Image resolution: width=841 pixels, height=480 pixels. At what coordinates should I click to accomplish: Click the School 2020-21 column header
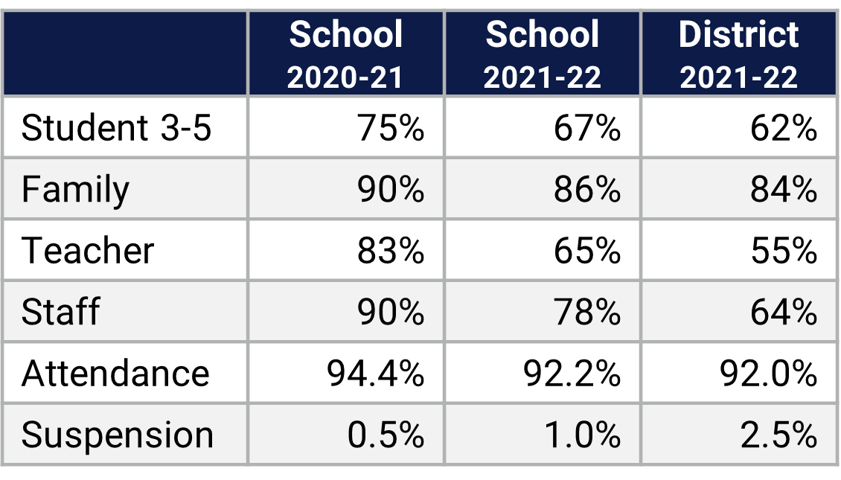pyautogui.click(x=346, y=54)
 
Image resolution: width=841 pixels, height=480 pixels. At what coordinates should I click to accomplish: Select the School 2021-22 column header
pyautogui.click(x=542, y=54)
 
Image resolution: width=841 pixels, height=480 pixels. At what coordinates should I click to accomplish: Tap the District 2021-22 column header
pyautogui.click(x=739, y=54)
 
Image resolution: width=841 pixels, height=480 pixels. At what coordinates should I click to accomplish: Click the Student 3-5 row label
pyautogui.click(x=117, y=128)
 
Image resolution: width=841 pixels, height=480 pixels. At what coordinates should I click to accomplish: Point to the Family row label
pyautogui.click(x=75, y=190)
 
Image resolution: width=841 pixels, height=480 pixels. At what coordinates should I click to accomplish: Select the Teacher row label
pyautogui.click(x=88, y=251)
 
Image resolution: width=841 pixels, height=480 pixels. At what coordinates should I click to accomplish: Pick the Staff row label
pyautogui.click(x=60, y=312)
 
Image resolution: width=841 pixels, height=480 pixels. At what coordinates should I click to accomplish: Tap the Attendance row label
pyautogui.click(x=115, y=373)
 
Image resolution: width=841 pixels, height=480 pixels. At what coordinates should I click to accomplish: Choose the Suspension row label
pyautogui.click(x=118, y=435)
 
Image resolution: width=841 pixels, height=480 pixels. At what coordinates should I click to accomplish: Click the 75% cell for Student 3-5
pyautogui.click(x=391, y=128)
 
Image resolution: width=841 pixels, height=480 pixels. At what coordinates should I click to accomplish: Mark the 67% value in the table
pyautogui.click(x=587, y=128)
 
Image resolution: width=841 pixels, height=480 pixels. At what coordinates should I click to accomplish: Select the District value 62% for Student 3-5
pyautogui.click(x=784, y=128)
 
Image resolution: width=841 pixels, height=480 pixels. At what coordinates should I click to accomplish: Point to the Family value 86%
pyautogui.click(x=587, y=190)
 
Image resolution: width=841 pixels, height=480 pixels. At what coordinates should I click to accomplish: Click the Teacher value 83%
pyautogui.click(x=391, y=251)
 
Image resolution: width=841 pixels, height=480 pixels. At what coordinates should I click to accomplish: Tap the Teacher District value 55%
pyautogui.click(x=784, y=251)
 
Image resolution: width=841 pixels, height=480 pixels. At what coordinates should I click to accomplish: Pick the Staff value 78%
pyautogui.click(x=587, y=312)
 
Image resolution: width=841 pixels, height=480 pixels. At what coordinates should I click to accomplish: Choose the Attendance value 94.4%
pyautogui.click(x=376, y=373)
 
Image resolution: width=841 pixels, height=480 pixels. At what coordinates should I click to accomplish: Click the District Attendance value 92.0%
pyautogui.click(x=769, y=373)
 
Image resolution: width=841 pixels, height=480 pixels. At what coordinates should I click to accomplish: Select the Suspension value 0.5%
pyautogui.click(x=386, y=435)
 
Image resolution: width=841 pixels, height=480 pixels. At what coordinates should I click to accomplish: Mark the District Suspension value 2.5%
pyautogui.click(x=778, y=435)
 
